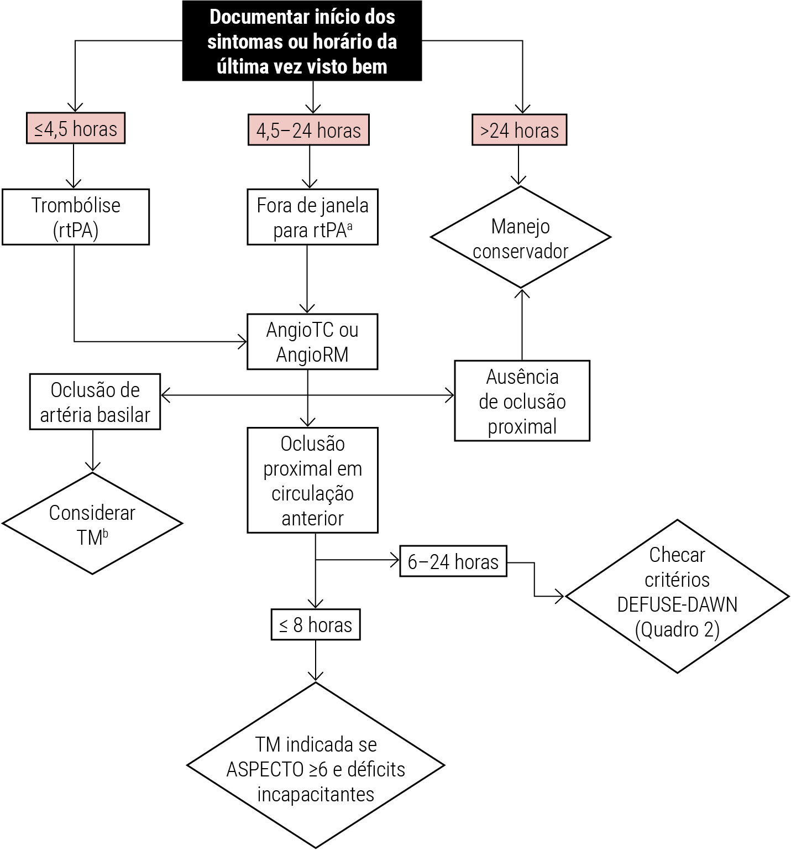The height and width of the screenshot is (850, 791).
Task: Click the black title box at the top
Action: pyautogui.click(x=302, y=41)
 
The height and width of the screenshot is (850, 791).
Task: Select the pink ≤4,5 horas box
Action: pyautogui.click(x=76, y=129)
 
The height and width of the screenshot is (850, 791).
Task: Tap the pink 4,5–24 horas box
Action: pyautogui.click(x=308, y=131)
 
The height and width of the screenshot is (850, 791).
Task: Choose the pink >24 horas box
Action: pyautogui.click(x=519, y=131)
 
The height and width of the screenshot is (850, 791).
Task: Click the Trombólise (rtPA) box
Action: pyautogui.click(x=76, y=217)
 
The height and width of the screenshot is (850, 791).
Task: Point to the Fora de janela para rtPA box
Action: pyautogui.click(x=312, y=217)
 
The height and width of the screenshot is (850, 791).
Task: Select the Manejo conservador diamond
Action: pyautogui.click(x=520, y=238)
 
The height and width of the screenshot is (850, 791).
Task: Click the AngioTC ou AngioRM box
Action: pyautogui.click(x=312, y=342)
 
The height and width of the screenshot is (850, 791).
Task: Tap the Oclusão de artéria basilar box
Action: pyautogui.click(x=95, y=402)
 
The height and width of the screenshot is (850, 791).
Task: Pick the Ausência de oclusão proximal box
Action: pyautogui.click(x=522, y=401)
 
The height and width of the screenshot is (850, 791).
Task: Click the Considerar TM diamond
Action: pyautogui.click(x=92, y=524)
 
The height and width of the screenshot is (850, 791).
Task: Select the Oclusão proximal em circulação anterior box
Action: pyautogui.click(x=312, y=480)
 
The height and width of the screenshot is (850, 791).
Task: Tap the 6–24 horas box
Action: pyautogui.click(x=453, y=562)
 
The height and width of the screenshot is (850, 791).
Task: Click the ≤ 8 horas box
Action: pyautogui.click(x=315, y=625)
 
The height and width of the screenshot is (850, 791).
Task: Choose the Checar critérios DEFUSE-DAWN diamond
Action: pyautogui.click(x=677, y=596)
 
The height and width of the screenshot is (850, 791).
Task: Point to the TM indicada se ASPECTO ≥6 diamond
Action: pyautogui.click(x=316, y=766)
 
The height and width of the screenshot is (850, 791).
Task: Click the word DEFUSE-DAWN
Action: pyautogui.click(x=677, y=604)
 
